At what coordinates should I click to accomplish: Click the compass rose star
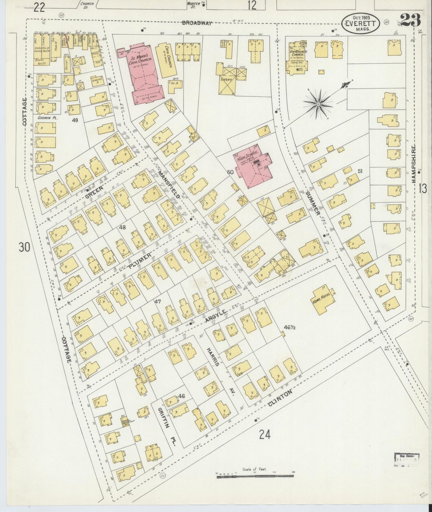tap(318, 103)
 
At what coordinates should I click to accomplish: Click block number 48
tap(122, 227)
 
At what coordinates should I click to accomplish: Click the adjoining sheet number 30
tap(25, 247)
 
